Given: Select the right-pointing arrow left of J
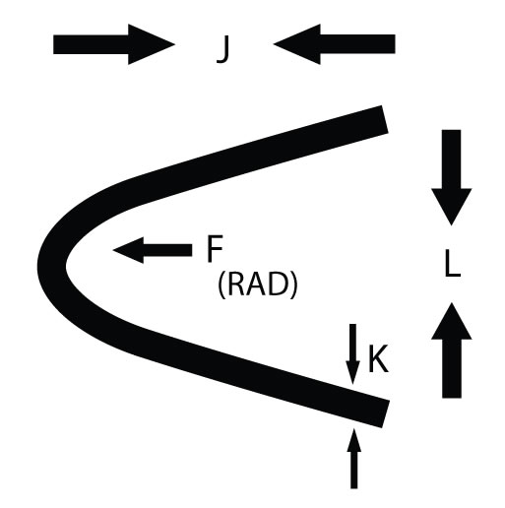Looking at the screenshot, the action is coord(114,44).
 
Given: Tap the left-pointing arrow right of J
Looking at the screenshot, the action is coord(334,44).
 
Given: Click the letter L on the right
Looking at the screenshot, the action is coord(453,264).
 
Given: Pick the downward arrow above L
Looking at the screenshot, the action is coord(452,177).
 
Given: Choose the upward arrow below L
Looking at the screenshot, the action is coord(452,350).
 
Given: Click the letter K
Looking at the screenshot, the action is coord(378,358).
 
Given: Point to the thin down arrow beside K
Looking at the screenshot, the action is coord(353,354).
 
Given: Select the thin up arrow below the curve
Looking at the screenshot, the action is coord(353,458).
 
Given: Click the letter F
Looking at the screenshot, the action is coord(215,248).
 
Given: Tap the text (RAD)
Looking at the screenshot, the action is coord(257,286).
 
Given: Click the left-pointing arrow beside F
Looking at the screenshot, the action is coord(153,250).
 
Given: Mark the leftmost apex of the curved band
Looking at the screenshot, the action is coord(38,265).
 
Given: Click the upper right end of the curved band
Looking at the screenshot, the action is coord(385,119).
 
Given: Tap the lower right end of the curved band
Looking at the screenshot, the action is coord(386,413).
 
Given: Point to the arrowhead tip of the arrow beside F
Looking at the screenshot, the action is coord(113,250).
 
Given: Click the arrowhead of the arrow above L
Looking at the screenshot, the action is coord(452,207).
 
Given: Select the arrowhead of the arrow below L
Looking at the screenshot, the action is coord(452,321).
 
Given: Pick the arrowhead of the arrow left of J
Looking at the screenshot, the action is coord(152,44).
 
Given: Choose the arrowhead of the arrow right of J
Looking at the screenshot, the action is coord(296,44).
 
